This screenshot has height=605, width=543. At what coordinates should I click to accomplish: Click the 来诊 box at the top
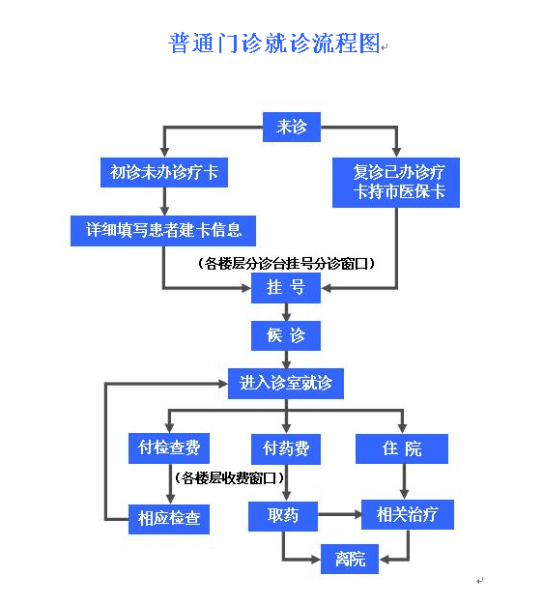[x=292, y=127]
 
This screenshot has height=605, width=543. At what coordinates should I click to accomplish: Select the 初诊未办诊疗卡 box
[x=164, y=172]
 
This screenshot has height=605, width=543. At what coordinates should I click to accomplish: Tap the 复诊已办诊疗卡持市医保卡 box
[x=396, y=183]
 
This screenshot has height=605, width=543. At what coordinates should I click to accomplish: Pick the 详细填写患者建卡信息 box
[x=163, y=231]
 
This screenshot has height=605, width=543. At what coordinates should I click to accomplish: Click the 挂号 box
[x=286, y=288]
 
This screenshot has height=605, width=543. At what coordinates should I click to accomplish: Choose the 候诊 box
[x=286, y=335]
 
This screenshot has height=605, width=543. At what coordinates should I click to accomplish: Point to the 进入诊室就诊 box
[x=286, y=384]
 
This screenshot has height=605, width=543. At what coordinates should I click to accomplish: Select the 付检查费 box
[x=169, y=448]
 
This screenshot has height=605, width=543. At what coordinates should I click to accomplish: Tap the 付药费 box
[x=286, y=449]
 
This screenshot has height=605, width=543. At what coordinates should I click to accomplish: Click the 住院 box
[x=402, y=448]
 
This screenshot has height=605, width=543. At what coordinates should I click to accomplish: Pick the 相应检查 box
[x=169, y=519]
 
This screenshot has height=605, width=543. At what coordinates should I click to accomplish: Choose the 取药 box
[x=283, y=516]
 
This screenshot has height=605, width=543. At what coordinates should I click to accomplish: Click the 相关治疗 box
[x=408, y=515]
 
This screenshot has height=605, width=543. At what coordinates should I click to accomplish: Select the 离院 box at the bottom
[x=350, y=559]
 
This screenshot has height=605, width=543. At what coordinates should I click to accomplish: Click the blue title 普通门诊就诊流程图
[x=274, y=43]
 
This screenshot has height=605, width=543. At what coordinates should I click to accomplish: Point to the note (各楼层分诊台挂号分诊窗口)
[x=286, y=264]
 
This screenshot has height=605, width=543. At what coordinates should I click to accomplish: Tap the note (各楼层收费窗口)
[x=229, y=478]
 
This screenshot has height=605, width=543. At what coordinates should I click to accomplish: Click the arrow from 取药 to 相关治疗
[x=340, y=514]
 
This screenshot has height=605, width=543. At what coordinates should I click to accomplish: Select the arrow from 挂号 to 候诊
[x=286, y=312]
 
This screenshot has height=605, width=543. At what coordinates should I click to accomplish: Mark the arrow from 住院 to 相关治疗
[x=404, y=481]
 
